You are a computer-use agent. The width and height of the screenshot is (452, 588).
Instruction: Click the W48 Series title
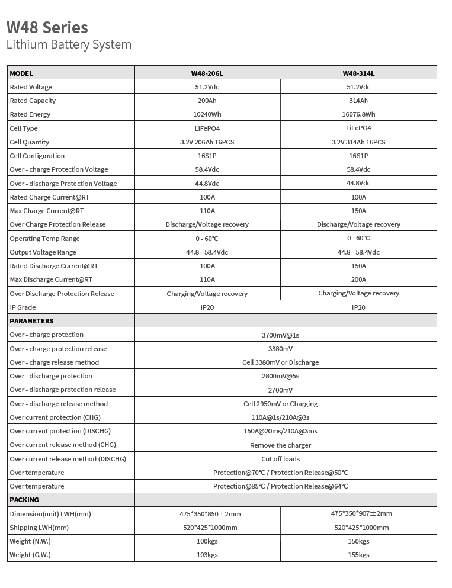click(47, 27)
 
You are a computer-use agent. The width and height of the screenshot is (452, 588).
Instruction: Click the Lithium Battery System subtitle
click(69, 44)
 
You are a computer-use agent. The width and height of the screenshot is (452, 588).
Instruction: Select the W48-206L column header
click(207, 73)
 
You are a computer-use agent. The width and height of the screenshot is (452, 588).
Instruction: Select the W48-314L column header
click(358, 73)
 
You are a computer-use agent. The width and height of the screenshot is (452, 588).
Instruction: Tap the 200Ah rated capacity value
click(207, 101)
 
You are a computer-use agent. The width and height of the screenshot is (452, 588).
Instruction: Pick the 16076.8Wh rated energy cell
click(358, 114)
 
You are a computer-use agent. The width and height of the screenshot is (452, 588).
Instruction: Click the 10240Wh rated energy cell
click(207, 114)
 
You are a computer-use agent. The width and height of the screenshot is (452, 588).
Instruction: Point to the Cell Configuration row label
click(37, 156)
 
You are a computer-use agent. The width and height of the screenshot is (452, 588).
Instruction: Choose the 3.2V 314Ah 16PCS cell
click(358, 142)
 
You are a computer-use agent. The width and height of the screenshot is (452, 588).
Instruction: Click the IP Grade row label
click(23, 307)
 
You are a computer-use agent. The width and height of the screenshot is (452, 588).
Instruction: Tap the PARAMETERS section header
click(31, 321)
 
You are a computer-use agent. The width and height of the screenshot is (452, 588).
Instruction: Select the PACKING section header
click(24, 500)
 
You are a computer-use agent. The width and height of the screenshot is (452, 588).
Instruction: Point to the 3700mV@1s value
click(280, 335)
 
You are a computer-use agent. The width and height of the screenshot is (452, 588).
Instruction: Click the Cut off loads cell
click(280, 459)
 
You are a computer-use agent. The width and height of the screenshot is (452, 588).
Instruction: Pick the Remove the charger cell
click(280, 445)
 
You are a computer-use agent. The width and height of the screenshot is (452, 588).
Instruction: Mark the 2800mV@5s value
click(280, 376)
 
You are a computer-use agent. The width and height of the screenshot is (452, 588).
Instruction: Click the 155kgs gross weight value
click(358, 555)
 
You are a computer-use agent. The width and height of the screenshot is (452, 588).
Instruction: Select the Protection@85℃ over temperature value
click(280, 486)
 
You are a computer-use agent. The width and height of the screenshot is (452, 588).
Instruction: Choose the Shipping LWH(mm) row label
click(39, 528)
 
